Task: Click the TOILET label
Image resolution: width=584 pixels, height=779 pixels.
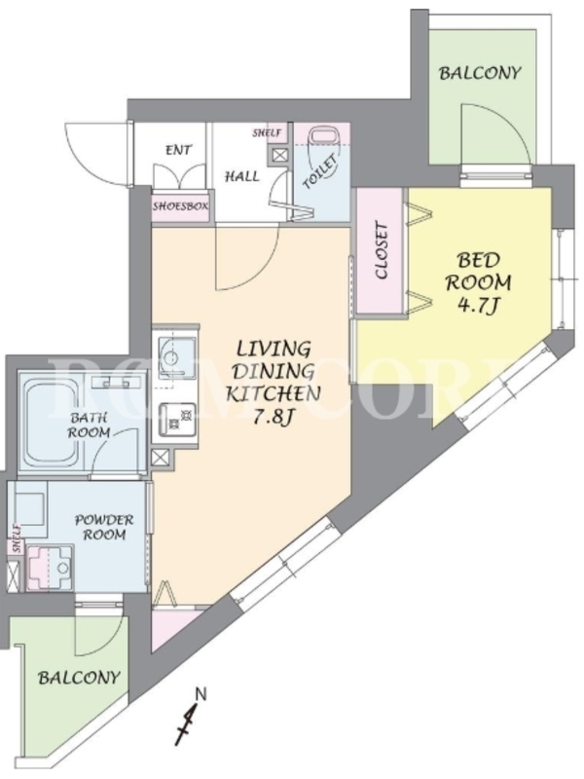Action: (321, 172)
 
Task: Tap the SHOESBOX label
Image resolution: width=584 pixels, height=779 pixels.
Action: (180, 205)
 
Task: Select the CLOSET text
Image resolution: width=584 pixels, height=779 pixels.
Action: (382, 251)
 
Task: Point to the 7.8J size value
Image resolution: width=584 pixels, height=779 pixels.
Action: (273, 417)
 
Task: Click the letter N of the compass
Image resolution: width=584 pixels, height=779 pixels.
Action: (201, 693)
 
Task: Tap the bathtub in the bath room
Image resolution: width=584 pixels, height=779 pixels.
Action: (56, 423)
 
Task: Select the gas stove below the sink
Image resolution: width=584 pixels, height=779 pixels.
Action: (177, 420)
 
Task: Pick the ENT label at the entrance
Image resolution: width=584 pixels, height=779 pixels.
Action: (178, 150)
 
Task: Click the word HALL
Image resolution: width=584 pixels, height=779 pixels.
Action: (241, 176)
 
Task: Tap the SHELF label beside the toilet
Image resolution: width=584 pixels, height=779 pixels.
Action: (267, 132)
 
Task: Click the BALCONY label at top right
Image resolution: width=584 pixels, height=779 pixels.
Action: (480, 74)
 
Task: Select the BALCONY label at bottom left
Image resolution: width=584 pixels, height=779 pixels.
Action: (79, 678)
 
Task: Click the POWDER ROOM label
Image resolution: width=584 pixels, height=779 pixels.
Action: (104, 527)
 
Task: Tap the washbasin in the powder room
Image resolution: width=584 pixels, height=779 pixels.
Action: (50, 569)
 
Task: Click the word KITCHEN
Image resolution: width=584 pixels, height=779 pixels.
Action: (273, 393)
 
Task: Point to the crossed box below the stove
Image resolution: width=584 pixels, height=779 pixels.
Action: (160, 458)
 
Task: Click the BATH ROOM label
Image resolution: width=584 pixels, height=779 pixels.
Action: (90, 425)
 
